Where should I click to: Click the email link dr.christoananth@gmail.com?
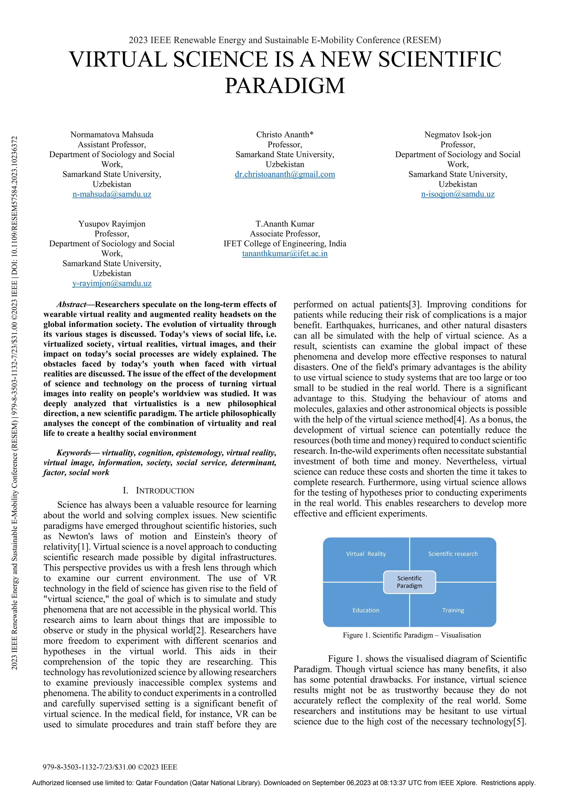(x=284, y=174)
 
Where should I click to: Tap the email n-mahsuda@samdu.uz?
(x=112, y=194)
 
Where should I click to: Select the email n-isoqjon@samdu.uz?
(x=457, y=194)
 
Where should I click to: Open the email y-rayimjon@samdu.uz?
(x=112, y=283)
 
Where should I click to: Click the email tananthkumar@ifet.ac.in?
(x=284, y=253)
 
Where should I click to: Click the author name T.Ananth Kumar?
(x=284, y=224)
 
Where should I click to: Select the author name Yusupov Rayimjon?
(x=112, y=224)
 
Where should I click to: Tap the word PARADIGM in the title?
(x=284, y=86)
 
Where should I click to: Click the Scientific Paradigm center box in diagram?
(x=409, y=582)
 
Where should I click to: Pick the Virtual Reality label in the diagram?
(x=366, y=554)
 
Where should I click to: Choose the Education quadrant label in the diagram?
(x=366, y=610)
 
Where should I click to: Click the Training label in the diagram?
(x=453, y=610)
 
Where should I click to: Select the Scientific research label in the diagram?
(x=453, y=554)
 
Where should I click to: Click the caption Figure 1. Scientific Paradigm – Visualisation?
(x=412, y=635)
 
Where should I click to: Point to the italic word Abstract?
(x=71, y=304)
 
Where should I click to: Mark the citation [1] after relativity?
(x=83, y=547)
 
